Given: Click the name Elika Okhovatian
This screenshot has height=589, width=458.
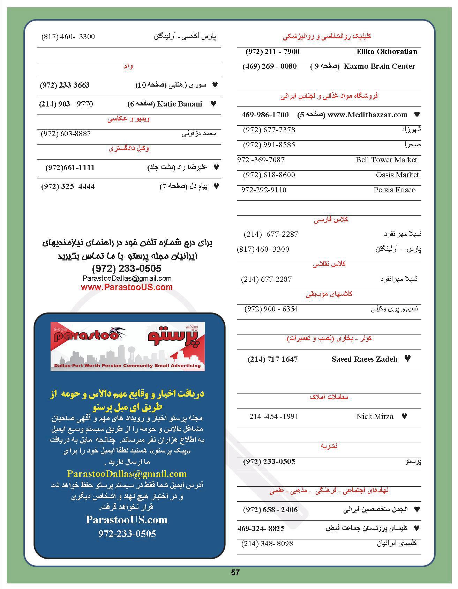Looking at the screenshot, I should [386, 52].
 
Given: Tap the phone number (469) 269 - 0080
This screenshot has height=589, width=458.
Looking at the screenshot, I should [270, 66].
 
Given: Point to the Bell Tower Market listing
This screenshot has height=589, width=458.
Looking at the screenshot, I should [386, 160].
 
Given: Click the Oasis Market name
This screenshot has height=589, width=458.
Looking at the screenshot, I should [397, 175].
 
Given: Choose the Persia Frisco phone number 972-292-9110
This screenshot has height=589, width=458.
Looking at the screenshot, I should [264, 190].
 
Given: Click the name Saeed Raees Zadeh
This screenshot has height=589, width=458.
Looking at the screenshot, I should [364, 359].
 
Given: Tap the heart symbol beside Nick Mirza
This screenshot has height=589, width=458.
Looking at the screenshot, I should [405, 416].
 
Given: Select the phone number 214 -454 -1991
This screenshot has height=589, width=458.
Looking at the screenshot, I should [274, 417].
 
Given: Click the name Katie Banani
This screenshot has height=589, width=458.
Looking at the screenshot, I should [180, 104].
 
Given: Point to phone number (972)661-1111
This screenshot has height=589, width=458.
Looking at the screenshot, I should [70, 168].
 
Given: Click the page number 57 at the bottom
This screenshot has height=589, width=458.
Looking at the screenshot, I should [235, 573].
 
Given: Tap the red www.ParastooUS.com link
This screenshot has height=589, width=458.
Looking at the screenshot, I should [127, 287].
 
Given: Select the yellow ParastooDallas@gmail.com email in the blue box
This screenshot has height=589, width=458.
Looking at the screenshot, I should [127, 474].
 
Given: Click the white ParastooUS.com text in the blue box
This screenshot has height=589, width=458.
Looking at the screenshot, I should [127, 520].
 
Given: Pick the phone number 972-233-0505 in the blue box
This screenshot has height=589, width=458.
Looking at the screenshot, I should [127, 534].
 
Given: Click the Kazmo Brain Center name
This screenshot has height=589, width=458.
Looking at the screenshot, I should [379, 66].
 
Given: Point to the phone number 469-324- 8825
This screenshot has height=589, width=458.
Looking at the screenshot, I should [261, 529].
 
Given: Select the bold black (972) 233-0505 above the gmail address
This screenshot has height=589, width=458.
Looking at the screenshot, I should [127, 268].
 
